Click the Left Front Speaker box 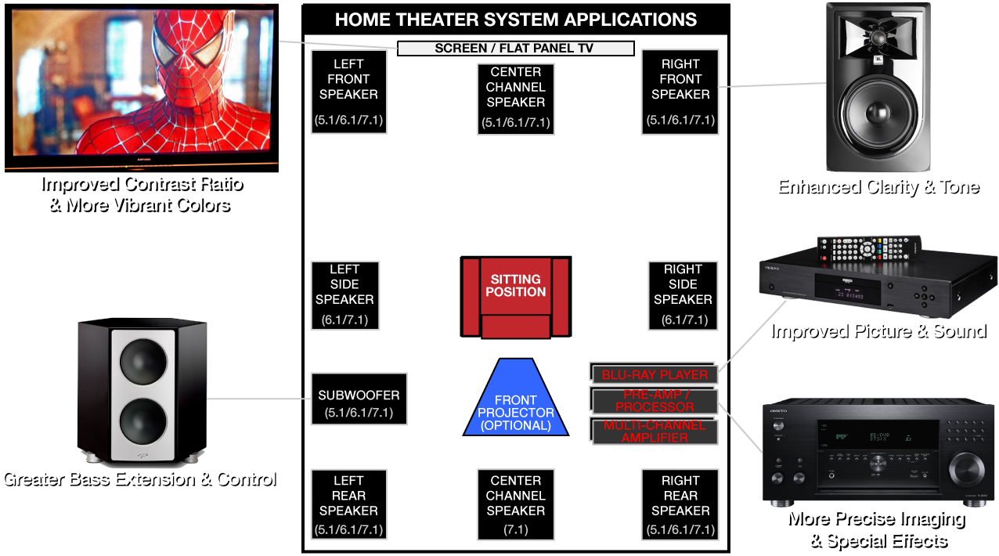point(349,92)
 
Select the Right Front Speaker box point(680,92)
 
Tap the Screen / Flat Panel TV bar point(515,49)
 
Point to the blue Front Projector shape point(515,399)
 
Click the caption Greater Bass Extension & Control point(139,478)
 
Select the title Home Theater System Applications point(515,20)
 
